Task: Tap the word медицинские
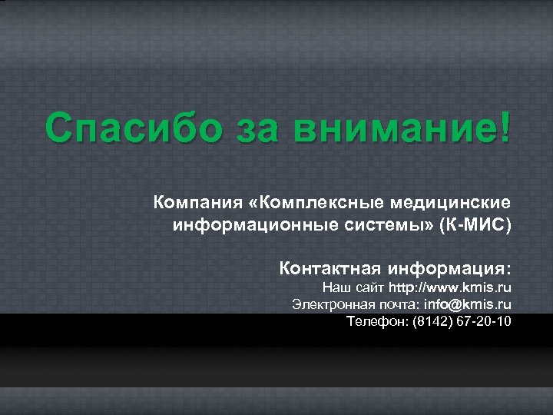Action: [x=451, y=204]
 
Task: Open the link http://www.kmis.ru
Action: [x=450, y=288]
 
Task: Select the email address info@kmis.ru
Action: [x=468, y=304]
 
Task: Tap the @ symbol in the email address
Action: [x=459, y=304]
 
